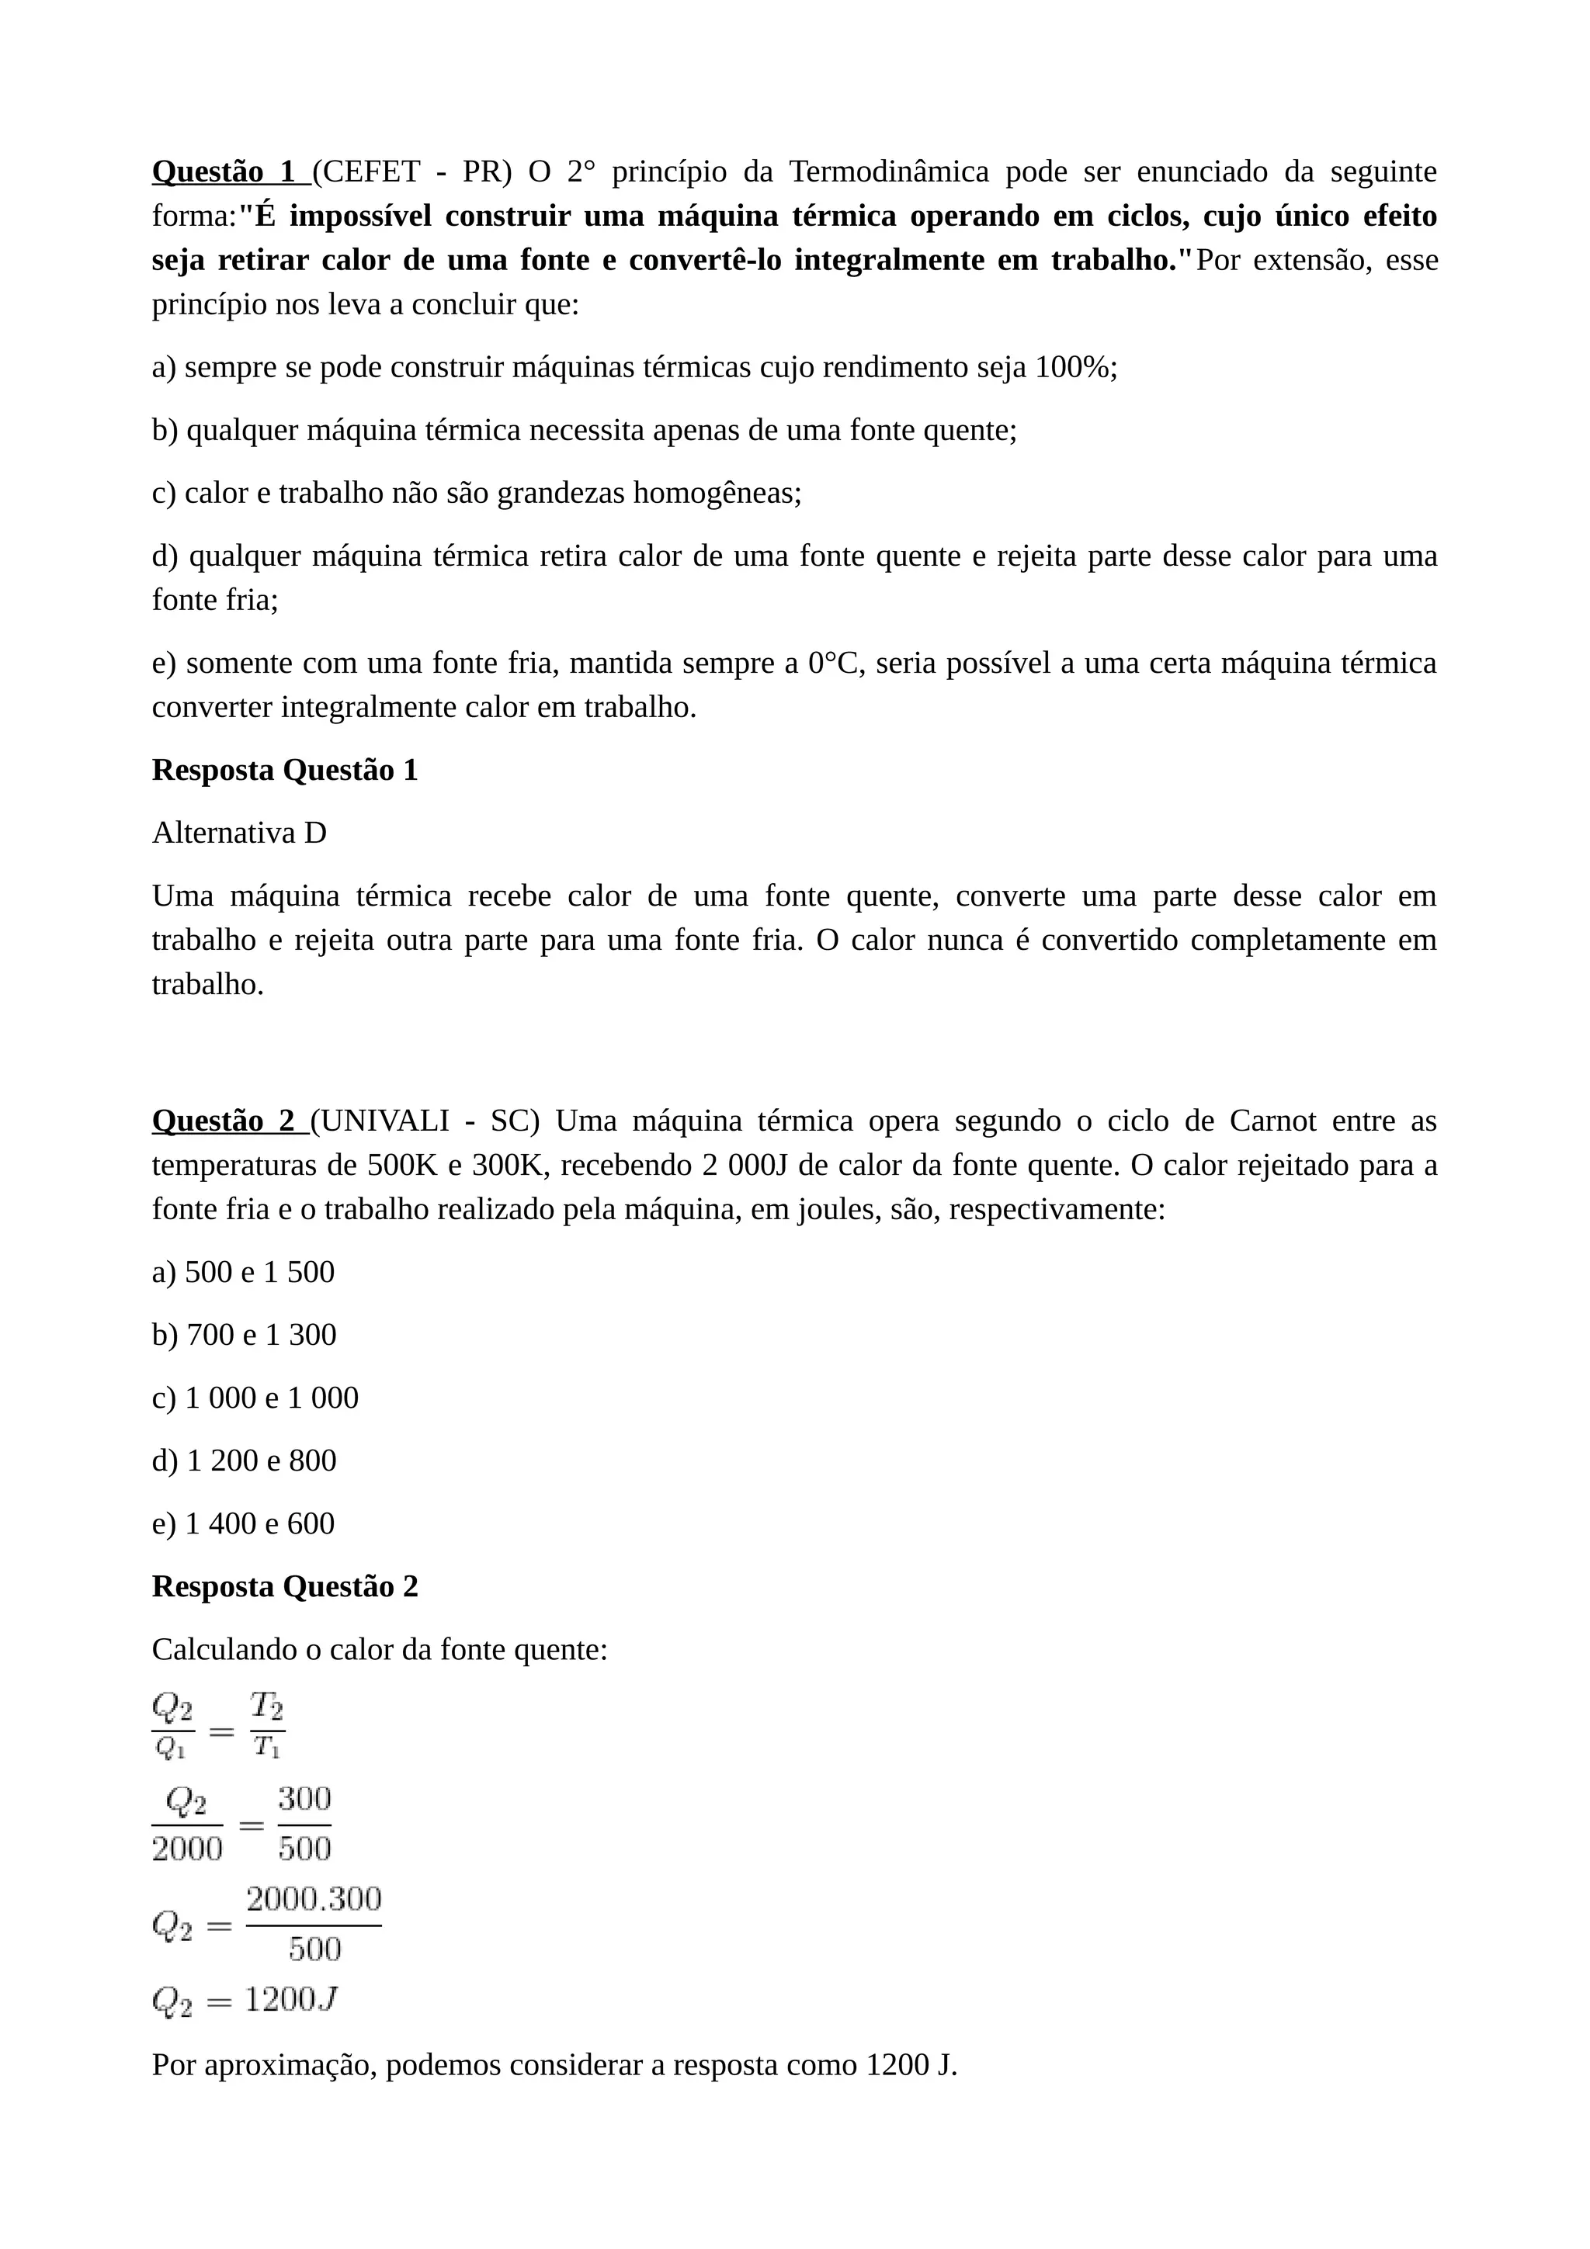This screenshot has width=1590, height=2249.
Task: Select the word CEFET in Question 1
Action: tap(371, 172)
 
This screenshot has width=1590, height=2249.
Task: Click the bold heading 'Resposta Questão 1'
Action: tap(285, 770)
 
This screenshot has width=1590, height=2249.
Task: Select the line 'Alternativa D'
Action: tap(239, 833)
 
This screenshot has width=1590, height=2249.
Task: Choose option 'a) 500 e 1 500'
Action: tap(243, 1273)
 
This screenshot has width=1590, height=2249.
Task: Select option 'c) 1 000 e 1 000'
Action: tap(255, 1398)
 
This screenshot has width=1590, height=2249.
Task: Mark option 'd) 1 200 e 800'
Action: tap(244, 1461)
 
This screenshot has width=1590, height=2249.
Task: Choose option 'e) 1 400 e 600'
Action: tap(243, 1523)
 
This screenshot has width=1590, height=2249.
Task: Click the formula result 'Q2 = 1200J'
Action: tap(245, 2000)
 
